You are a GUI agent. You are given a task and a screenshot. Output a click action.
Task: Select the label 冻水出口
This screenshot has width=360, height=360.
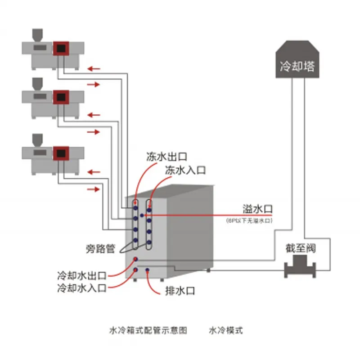pyautogui.click(x=166, y=157)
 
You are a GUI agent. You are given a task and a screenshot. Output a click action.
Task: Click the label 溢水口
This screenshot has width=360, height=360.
pyautogui.click(x=257, y=209)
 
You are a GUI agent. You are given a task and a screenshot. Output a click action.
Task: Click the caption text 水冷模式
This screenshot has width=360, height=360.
pyautogui.click(x=225, y=330)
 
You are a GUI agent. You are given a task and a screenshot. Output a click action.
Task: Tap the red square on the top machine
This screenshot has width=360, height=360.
pyautogui.click(x=60, y=48)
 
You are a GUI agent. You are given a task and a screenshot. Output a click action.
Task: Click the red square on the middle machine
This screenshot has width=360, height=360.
pyautogui.click(x=60, y=97)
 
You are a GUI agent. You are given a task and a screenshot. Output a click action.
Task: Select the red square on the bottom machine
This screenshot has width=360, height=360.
pyautogui.click(x=60, y=153)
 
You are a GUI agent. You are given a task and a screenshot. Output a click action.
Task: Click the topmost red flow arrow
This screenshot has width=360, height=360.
pyautogui.click(x=94, y=69)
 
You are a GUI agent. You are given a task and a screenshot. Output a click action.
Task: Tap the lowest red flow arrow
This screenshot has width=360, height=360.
pyautogui.click(x=94, y=189)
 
